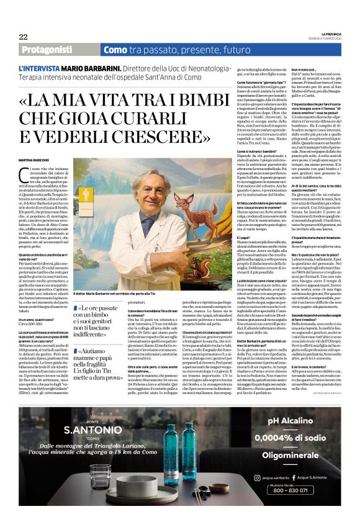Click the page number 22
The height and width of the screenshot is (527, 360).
(23, 37)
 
